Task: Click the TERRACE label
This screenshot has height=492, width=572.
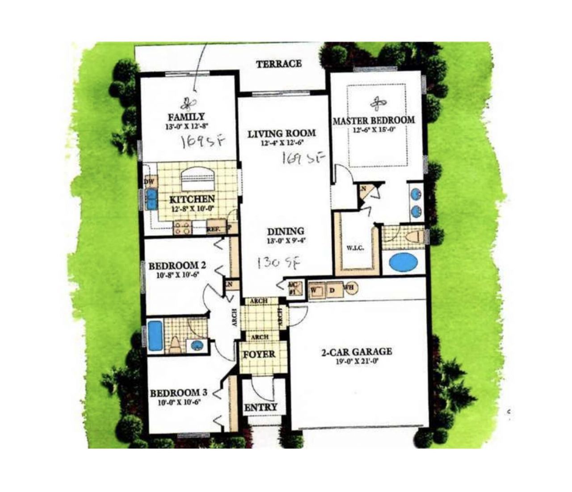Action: tap(279, 64)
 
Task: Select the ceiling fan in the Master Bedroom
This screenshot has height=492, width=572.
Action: tap(378, 104)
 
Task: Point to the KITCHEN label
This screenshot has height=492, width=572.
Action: tap(192, 199)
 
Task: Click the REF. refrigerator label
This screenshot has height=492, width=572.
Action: tap(214, 230)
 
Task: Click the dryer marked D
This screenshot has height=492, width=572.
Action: tap(332, 289)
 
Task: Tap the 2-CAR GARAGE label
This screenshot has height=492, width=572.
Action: tap(357, 352)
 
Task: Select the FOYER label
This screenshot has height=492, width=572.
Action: tap(259, 354)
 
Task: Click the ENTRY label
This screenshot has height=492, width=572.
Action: tap(261, 407)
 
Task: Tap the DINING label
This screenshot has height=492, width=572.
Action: tap(286, 232)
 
